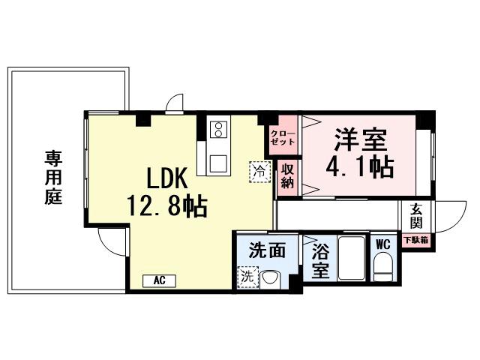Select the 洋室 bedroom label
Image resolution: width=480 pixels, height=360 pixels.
pyautogui.click(x=360, y=139)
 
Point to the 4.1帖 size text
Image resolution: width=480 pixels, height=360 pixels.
pyautogui.click(x=360, y=166)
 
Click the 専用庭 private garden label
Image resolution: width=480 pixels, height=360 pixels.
pyautogui.click(x=52, y=178)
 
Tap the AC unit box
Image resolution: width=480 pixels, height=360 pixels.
pyautogui.click(x=159, y=280)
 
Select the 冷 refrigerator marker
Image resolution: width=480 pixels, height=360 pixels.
pyautogui.click(x=259, y=170)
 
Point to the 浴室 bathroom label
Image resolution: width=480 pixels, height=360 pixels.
pyautogui.click(x=320, y=260)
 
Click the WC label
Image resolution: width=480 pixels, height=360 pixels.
pyautogui.click(x=382, y=244)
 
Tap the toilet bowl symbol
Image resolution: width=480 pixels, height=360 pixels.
pyautogui.click(x=382, y=266)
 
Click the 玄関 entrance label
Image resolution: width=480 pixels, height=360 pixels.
pyautogui.click(x=416, y=217)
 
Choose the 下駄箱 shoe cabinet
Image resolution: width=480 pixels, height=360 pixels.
pyautogui.click(x=416, y=241)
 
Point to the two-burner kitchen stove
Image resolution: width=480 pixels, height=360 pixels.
pyautogui.click(x=218, y=129)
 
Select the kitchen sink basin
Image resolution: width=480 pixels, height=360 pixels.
pyautogui.click(x=219, y=162)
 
